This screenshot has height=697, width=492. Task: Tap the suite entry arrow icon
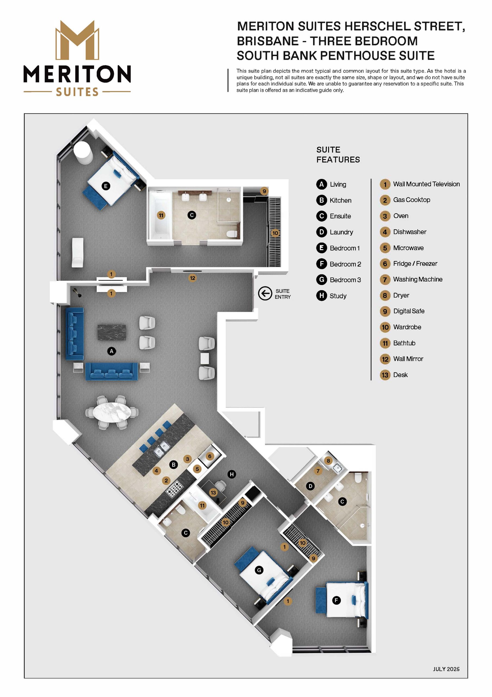click(265, 294)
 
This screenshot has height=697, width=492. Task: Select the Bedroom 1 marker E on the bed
click(105, 186)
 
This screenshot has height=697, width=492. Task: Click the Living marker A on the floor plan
click(111, 351)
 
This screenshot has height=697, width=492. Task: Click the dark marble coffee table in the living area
click(111, 333)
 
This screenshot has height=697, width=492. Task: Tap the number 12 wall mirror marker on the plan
click(192, 278)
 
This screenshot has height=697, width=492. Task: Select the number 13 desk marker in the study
click(213, 493)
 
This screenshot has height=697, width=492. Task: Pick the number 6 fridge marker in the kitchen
click(210, 456)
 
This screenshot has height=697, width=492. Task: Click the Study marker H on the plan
click(232, 474)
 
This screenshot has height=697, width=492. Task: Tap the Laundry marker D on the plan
click(310, 486)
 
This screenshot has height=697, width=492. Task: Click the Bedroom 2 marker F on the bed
click(336, 600)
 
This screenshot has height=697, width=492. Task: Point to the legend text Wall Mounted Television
click(426, 184)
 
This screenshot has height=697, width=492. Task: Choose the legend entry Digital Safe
click(409, 311)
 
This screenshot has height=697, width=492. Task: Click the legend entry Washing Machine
click(418, 279)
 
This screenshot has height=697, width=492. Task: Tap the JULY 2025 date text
click(446, 669)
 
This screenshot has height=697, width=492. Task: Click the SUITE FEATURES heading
click(338, 155)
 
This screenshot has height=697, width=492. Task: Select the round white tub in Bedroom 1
click(83, 152)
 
